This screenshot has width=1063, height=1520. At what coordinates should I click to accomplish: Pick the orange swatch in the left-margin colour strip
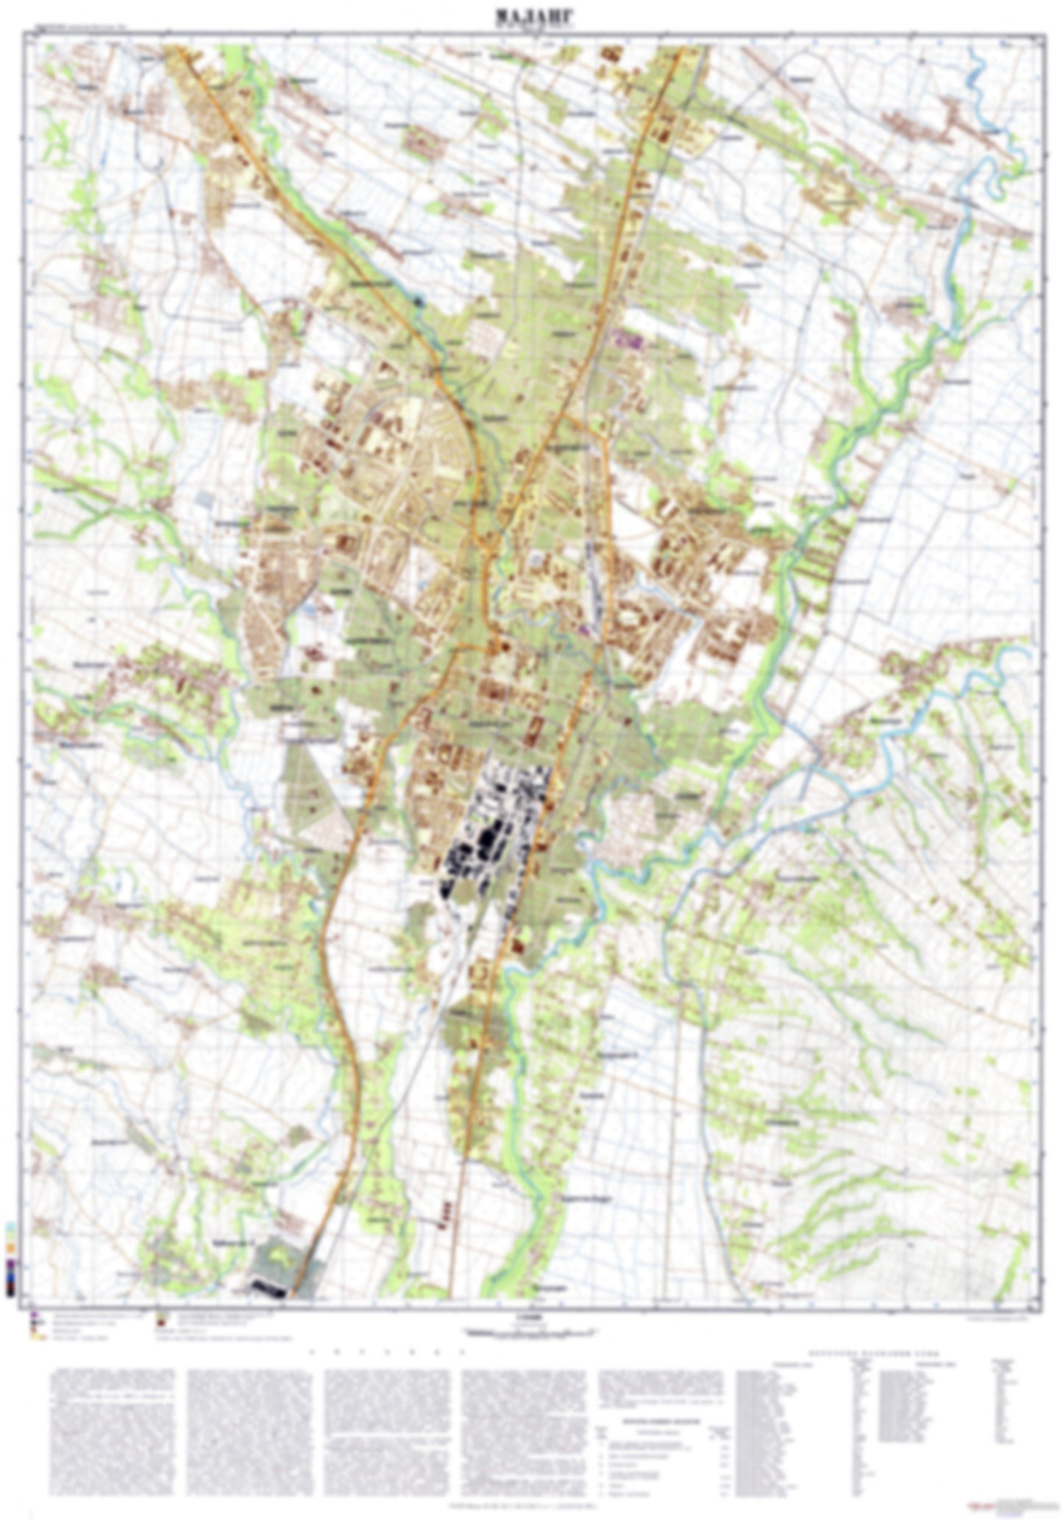click(10, 1249)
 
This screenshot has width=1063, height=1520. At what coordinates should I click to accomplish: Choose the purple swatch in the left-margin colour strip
click(10, 1264)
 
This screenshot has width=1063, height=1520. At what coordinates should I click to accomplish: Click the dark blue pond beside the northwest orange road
click(420, 299)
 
